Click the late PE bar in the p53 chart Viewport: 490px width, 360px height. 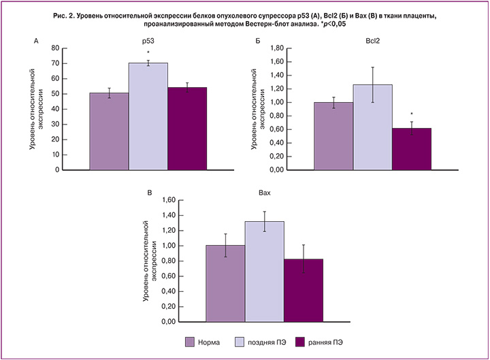point(148,116)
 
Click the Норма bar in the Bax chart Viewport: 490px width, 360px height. point(225,283)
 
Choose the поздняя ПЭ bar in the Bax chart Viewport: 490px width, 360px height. point(265,271)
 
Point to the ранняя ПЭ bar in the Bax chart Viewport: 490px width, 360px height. point(304,290)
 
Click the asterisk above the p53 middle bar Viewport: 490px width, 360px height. point(148,52)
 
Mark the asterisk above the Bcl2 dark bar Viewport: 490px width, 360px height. point(412,115)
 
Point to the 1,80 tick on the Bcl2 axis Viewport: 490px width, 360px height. point(294,48)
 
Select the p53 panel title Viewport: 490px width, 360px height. point(148,40)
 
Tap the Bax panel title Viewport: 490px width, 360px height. point(264,193)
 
